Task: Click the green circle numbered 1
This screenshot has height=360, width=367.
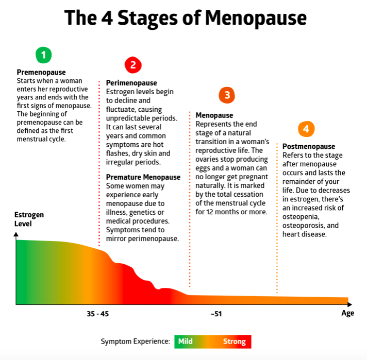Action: click(44, 55)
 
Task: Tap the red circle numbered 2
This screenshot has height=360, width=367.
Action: click(133, 65)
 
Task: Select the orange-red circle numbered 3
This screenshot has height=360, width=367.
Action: click(226, 95)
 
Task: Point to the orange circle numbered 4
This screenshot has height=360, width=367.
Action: click(306, 129)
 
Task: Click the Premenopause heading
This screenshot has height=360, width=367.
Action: click(41, 73)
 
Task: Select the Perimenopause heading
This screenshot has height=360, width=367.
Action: click(131, 83)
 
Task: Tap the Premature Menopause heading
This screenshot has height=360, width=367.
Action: click(143, 177)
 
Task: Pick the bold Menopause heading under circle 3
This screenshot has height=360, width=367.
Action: click(214, 115)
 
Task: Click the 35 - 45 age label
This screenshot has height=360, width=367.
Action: click(97, 314)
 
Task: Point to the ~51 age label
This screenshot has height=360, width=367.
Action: click(216, 314)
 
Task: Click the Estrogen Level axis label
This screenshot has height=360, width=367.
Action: click(29, 219)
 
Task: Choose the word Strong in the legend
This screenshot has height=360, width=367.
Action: click(234, 341)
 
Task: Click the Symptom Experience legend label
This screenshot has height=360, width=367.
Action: click(135, 341)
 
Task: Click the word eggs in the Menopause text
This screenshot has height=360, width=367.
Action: click(204, 168)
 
